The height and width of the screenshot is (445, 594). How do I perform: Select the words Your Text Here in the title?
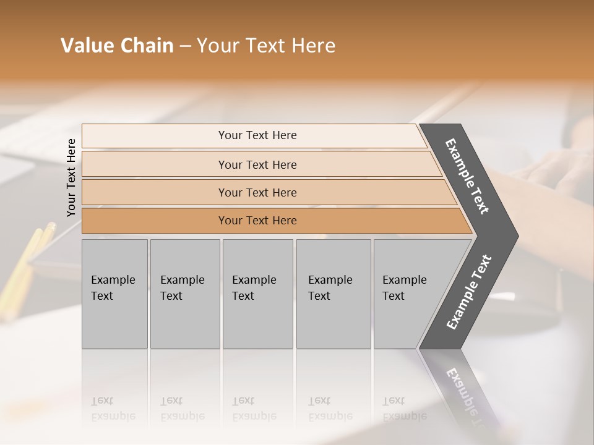coord(265,46)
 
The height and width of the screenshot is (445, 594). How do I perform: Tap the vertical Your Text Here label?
coord(71,177)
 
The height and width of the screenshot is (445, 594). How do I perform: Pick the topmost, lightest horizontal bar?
coord(257,135)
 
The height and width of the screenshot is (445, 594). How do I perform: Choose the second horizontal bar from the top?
coord(257,164)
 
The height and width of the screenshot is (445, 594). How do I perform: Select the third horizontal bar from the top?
coord(257,192)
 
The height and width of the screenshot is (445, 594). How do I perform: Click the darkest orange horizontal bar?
coord(257,221)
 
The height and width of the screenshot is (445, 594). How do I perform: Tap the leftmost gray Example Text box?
coord(114,294)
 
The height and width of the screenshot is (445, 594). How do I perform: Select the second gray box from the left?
coord(184,294)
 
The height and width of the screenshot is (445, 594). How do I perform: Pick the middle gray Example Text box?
coord(257,294)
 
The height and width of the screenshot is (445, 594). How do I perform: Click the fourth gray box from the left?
coord(334,294)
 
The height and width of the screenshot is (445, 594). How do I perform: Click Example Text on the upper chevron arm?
coord(467,176)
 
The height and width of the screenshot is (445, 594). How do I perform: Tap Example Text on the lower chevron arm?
coord(468,292)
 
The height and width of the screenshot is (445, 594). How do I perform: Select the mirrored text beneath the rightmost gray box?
coord(404,409)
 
